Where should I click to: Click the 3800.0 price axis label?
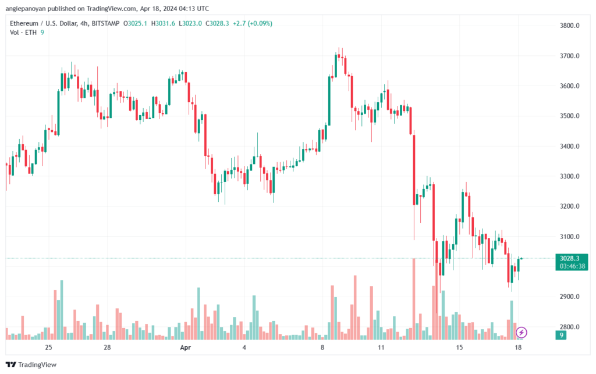569,26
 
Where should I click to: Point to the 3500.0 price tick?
569,116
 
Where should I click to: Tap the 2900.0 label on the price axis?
569,297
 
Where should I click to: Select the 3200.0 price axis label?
569,206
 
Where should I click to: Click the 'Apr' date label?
186,347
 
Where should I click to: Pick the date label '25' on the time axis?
48,347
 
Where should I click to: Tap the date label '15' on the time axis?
459,347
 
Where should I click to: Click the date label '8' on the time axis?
322,347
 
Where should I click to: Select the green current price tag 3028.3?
569,258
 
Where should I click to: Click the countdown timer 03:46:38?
572,266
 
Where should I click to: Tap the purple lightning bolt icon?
521,333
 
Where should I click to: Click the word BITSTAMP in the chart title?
106,23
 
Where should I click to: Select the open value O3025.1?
135,23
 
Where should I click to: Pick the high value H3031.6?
163,23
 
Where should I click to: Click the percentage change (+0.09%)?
260,23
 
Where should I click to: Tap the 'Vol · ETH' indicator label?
23,33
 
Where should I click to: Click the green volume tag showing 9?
561,335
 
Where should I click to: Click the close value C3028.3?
218,23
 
